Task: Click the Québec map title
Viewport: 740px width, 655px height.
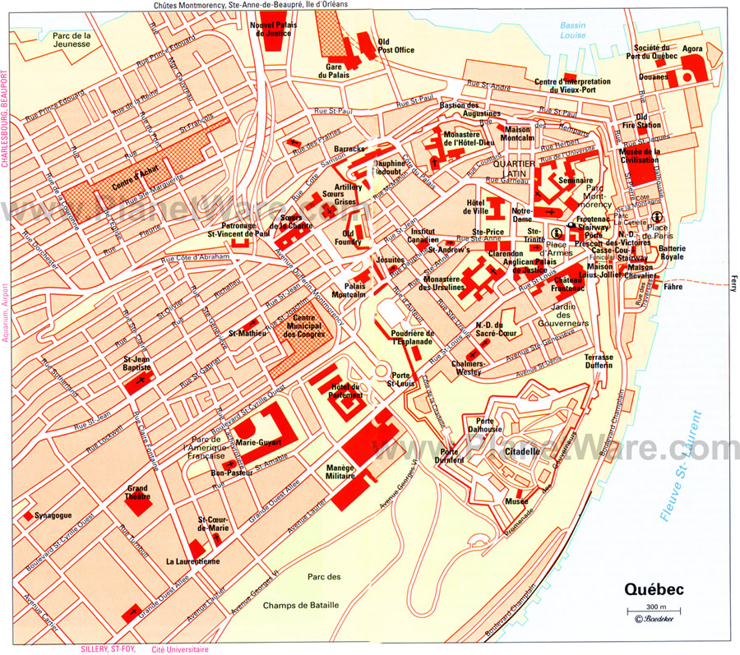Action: (x=653, y=589)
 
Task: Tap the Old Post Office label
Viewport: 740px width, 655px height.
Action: (x=395, y=45)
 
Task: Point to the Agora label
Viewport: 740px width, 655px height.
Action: (x=692, y=49)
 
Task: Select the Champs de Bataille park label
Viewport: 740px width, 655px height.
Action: (x=300, y=590)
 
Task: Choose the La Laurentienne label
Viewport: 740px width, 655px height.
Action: (x=192, y=562)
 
